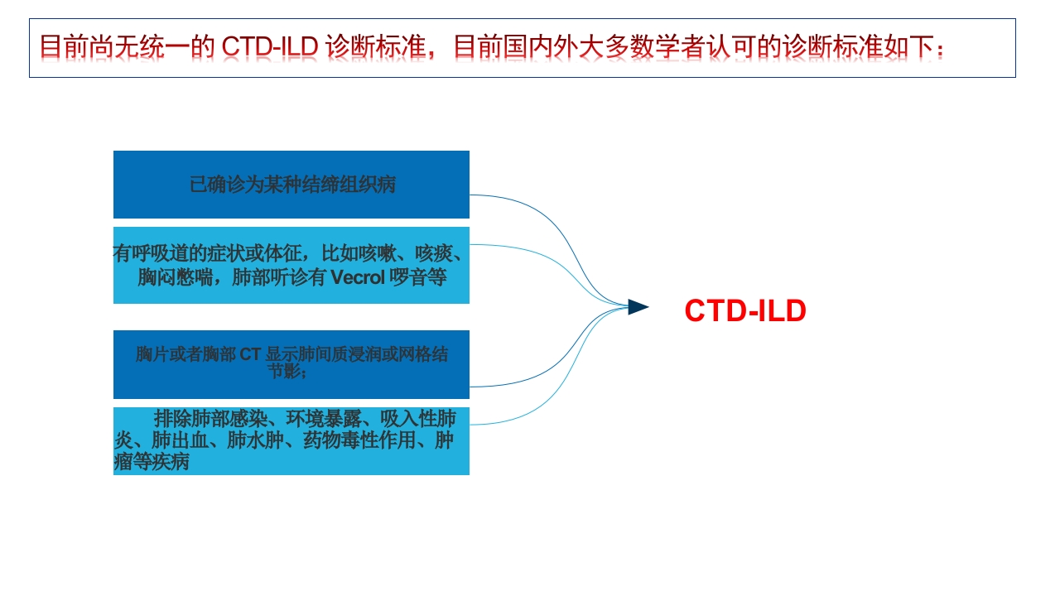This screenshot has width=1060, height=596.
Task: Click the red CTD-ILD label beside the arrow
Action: click(744, 311)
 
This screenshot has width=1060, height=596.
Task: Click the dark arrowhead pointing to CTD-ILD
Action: click(638, 307)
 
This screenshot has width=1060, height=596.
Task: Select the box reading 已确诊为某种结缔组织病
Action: click(291, 185)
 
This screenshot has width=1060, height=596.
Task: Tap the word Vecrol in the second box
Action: click(358, 277)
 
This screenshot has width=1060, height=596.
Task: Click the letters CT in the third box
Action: click(251, 354)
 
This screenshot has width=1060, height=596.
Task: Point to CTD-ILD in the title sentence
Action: click(270, 46)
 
